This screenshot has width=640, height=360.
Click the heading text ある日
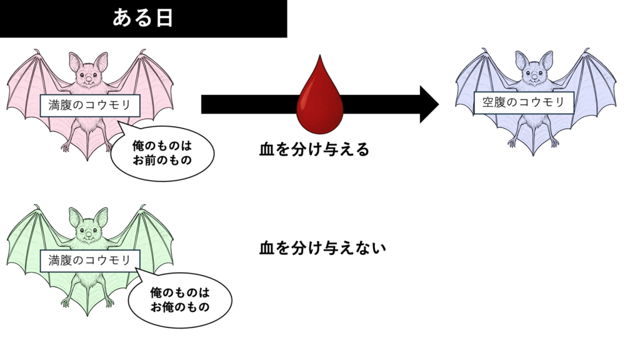tap(142, 18)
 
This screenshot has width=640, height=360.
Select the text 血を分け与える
tap(314, 150)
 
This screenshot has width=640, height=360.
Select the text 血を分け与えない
tap(322, 248)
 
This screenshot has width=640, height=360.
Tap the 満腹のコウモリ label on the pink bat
tap(90, 105)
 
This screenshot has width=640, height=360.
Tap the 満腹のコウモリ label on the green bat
tap(90, 260)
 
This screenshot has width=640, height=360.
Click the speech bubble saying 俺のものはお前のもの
tap(162, 152)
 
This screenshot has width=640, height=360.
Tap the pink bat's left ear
tap(76, 61)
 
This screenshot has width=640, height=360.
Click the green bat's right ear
tap(100, 216)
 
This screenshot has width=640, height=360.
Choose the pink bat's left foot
tap(65, 146)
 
